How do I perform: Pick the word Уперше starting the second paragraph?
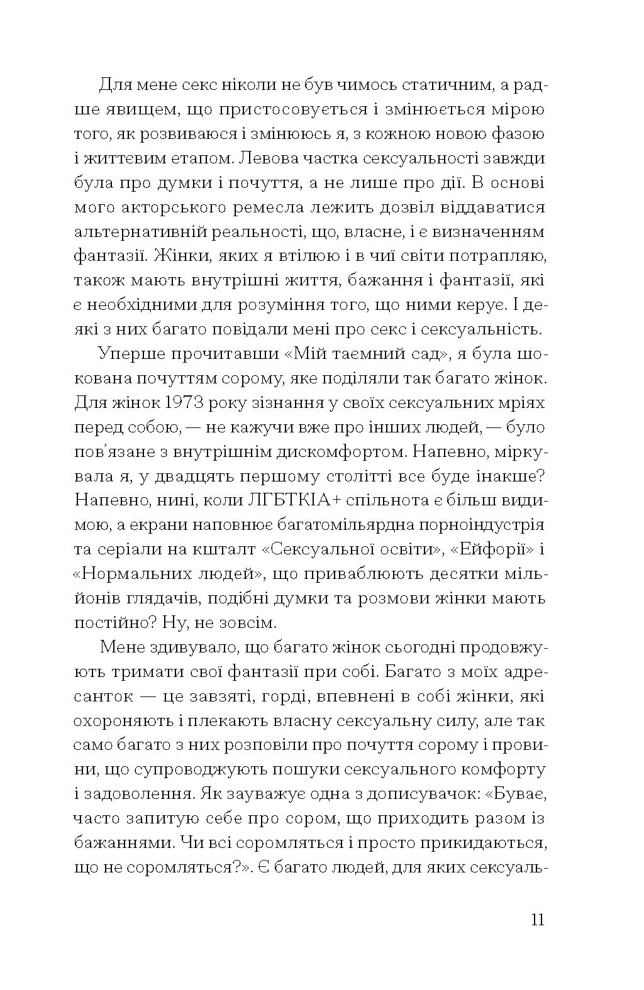pyautogui.click(x=129, y=354)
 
